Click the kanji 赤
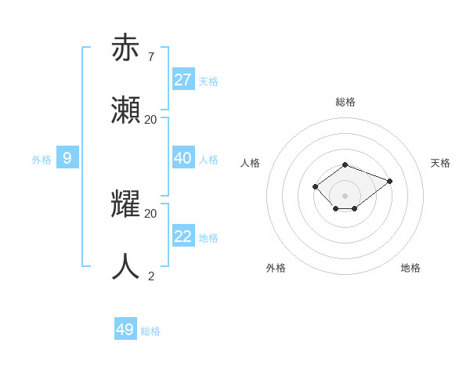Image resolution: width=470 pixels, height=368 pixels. pos(126,48)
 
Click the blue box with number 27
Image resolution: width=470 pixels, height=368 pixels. pos(183,79)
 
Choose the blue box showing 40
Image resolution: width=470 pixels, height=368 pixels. pos(183,158)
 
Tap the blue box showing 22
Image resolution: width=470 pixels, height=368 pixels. pos(183,236)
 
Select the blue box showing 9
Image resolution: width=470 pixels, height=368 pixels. pos(67,158)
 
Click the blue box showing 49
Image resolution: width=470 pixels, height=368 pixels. pos(125,330)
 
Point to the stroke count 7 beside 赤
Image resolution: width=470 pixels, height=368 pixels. pos(150,56)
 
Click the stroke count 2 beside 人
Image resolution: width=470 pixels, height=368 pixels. pos(150,276)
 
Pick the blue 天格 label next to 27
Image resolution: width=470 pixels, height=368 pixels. pos(208,81)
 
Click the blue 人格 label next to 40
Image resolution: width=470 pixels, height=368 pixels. pos(208,160)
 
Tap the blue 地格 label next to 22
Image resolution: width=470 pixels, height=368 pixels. pos(208,238)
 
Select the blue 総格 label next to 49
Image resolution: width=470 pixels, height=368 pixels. pos(150,331)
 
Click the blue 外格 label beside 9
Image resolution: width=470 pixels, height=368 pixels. pos(42,160)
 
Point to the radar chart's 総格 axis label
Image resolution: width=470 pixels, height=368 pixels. pos(345,102)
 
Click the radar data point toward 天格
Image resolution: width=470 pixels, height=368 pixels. pos(389,181)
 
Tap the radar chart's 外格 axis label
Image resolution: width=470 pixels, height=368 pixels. pos(276,268)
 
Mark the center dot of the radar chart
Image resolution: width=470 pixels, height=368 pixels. pos(345,195)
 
